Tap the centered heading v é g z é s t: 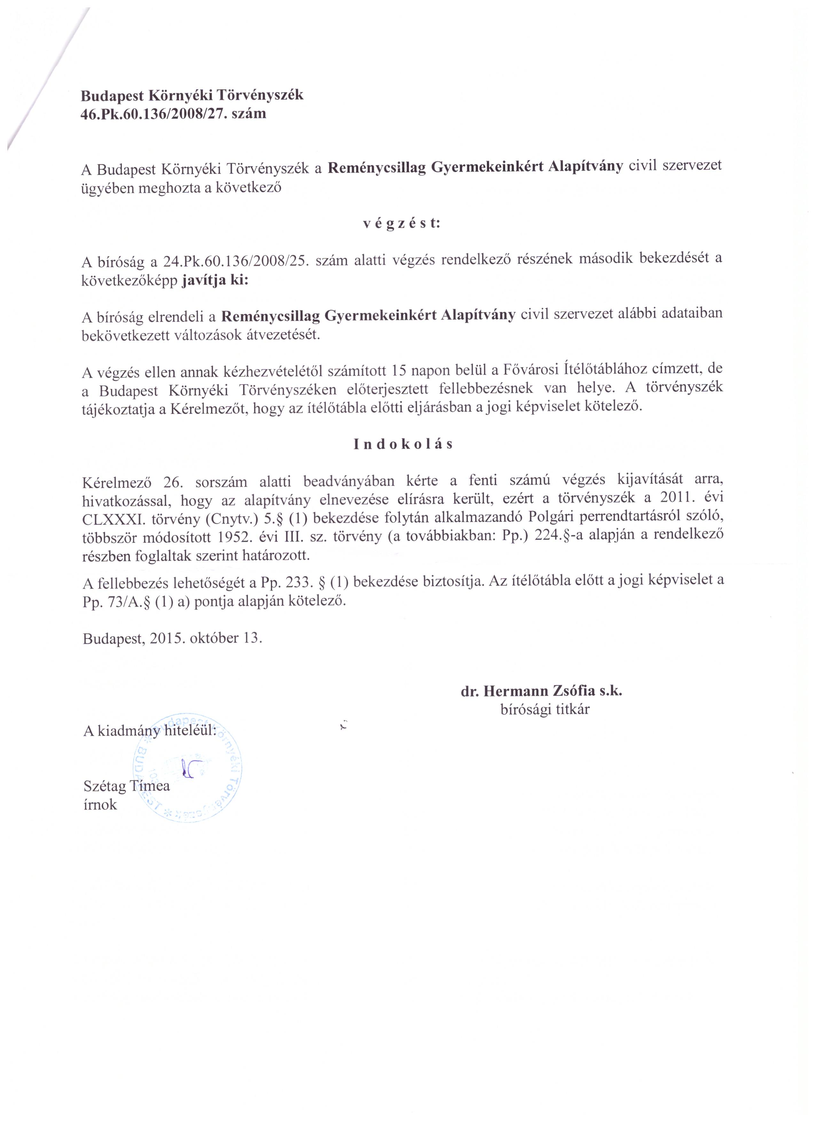point(401,224)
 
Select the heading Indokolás point(403,444)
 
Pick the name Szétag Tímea point(127,786)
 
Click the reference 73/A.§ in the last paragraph point(126,602)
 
